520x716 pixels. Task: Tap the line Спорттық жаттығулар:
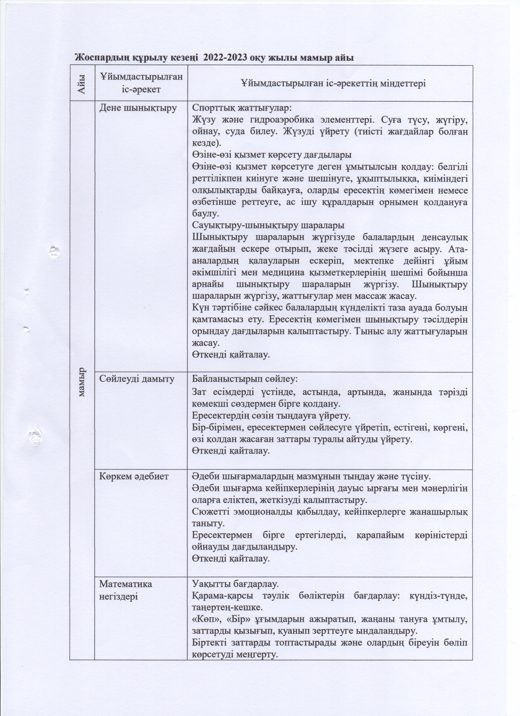(242, 108)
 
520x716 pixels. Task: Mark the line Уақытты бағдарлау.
(235, 584)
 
